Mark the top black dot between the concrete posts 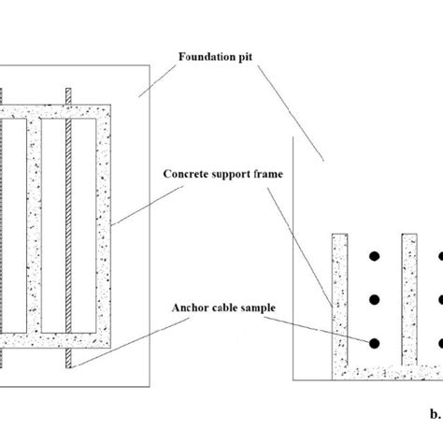coord(373,254)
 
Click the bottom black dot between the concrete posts coord(373,343)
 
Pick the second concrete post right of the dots coord(408,299)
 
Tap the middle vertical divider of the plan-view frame coord(36,224)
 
